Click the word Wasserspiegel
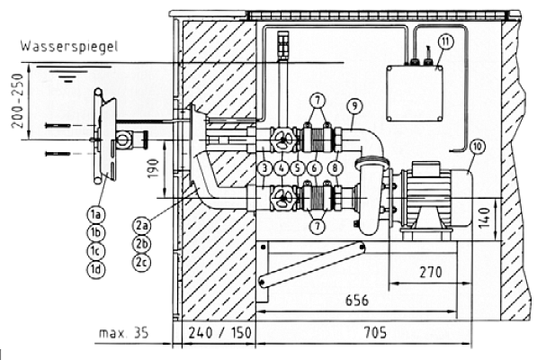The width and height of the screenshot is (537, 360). [69, 47]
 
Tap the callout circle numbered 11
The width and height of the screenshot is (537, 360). [445, 41]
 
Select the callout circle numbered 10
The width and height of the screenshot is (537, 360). [478, 147]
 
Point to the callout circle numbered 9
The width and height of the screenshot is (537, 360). [354, 106]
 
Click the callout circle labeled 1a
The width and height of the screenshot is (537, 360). [96, 215]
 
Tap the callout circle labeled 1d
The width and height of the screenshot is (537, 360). [96, 270]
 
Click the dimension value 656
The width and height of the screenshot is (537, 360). [357, 301]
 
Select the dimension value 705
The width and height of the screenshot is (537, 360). [375, 333]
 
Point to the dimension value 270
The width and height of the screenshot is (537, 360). [431, 273]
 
